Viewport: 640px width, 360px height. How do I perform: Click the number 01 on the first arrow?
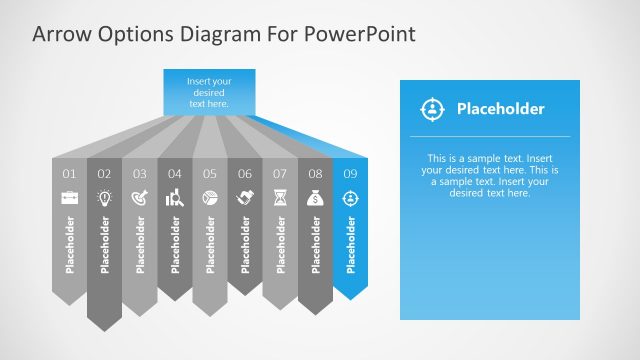70,174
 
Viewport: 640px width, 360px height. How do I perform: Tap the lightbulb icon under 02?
104,198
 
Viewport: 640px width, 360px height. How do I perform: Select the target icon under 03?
140,198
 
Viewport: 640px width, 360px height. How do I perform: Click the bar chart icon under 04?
175,198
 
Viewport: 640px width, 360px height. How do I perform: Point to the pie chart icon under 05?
210,198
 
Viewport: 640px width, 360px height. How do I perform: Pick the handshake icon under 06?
245,198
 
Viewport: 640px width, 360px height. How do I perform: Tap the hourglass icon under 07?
280,198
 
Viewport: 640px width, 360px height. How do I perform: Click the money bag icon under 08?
315,198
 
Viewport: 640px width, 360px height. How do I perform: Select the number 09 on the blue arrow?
350,174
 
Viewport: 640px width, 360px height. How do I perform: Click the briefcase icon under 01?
70,198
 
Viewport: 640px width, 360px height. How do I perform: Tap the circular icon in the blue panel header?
431,109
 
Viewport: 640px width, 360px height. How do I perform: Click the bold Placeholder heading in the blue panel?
500,109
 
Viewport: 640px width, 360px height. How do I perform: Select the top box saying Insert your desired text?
209,90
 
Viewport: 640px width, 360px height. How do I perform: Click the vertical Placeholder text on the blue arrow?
350,244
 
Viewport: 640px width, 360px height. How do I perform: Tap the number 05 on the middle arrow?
210,174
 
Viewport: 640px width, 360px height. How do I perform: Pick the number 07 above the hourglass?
280,174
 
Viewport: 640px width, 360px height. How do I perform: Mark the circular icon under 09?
350,198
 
